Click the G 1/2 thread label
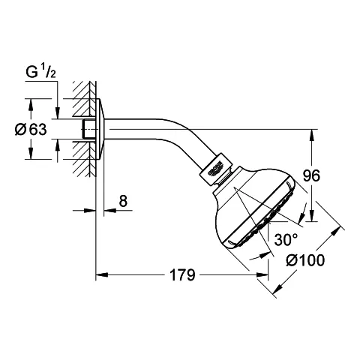[x=40, y=72]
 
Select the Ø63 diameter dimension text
[x=31, y=130]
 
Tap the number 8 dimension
[x=123, y=201]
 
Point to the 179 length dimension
[x=182, y=275]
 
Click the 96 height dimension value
[x=311, y=175]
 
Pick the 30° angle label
[x=286, y=240]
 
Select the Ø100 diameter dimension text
[x=305, y=260]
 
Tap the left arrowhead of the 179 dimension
[x=102, y=275]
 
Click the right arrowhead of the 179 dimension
[x=262, y=275]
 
